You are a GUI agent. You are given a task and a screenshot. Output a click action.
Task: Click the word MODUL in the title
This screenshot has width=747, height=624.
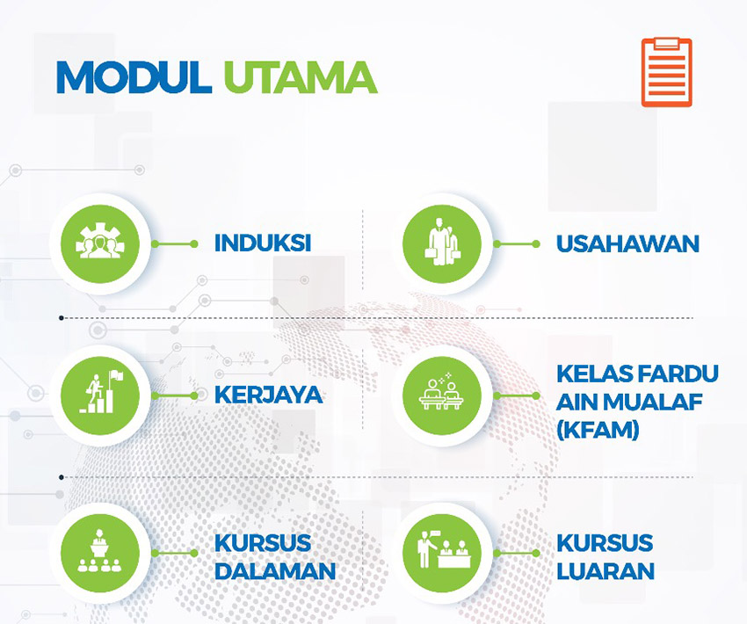(134, 77)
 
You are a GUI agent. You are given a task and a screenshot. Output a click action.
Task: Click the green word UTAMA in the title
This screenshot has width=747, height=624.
(301, 77)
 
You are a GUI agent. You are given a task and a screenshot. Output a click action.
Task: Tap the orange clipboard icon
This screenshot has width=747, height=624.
(666, 72)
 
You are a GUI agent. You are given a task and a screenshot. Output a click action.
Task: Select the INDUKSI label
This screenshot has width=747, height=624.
(263, 243)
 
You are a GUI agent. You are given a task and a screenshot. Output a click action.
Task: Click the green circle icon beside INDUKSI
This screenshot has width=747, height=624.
(100, 243)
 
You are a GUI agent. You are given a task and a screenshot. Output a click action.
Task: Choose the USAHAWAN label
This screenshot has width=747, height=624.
(627, 243)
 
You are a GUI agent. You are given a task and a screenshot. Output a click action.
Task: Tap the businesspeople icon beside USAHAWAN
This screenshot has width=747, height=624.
(442, 243)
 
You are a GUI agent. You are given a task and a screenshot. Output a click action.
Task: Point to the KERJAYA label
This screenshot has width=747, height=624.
(268, 395)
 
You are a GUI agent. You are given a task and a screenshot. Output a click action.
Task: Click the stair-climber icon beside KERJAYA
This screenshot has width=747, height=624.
(100, 395)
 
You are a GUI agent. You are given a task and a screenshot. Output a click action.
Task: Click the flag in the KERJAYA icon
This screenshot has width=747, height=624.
(117, 376)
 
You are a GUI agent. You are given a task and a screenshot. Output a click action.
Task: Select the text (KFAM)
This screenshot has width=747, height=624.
(598, 430)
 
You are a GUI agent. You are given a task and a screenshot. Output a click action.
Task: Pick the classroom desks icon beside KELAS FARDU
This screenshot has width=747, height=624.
(442, 395)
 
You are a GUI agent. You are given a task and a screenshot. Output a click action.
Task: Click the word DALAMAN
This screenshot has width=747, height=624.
(275, 571)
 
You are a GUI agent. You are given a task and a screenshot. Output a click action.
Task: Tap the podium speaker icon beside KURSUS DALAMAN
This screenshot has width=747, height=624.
(100, 553)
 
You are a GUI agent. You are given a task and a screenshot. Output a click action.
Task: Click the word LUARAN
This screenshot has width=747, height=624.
(606, 571)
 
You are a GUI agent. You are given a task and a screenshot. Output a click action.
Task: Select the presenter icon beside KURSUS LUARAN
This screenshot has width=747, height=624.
(442, 553)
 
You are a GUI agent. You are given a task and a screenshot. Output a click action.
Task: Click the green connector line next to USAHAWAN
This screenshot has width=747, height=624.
(517, 243)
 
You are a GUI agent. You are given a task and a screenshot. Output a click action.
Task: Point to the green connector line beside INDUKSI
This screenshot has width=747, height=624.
(174, 243)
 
